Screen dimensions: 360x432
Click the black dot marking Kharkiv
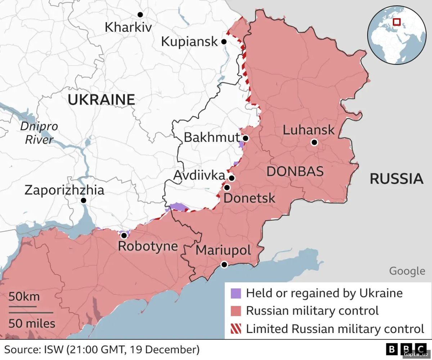click(x=140, y=14)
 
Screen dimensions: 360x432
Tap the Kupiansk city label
click(x=189, y=41)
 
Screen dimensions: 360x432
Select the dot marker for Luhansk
click(x=314, y=142)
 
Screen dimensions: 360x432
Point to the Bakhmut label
click(x=211, y=137)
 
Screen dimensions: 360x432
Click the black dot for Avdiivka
click(x=232, y=178)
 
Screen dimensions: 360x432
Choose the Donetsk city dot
click(x=227, y=187)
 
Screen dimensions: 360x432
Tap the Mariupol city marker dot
click(x=224, y=265)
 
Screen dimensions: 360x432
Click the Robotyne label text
click(x=148, y=246)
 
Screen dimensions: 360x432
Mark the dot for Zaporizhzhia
click(x=84, y=200)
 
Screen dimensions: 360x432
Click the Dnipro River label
click(x=39, y=133)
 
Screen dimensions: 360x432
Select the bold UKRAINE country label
click(x=101, y=99)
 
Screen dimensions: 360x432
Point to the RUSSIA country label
click(x=396, y=179)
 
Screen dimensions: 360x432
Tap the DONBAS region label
click(x=295, y=172)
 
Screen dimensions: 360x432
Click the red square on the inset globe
click(x=397, y=22)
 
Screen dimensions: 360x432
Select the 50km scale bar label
click(x=24, y=297)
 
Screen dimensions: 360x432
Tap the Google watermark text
click(x=407, y=271)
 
